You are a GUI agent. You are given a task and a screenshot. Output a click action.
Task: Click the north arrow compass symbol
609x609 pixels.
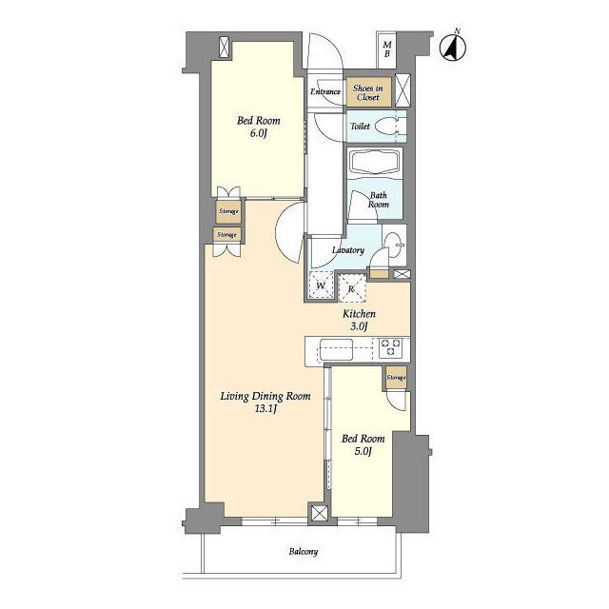click(x=453, y=47)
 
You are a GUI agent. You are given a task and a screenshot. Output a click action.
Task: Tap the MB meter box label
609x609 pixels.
click(x=387, y=49)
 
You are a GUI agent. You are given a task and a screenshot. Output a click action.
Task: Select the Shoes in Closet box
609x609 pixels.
click(x=368, y=92)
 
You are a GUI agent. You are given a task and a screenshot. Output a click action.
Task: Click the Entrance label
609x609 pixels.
click(x=325, y=91)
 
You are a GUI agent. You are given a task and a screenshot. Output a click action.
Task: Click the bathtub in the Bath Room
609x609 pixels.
click(x=375, y=163)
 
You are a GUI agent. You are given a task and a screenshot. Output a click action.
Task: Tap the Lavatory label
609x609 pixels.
click(x=348, y=250)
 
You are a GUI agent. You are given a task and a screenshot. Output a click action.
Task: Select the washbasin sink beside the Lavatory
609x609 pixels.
click(x=394, y=246)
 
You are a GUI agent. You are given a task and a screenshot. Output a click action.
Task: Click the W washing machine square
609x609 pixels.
click(x=321, y=285)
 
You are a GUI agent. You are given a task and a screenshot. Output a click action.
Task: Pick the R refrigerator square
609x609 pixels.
click(x=352, y=288)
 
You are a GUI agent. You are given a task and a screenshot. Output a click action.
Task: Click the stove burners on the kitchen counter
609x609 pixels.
click(x=390, y=347)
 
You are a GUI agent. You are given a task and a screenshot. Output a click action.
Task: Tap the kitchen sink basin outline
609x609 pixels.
click(x=336, y=349)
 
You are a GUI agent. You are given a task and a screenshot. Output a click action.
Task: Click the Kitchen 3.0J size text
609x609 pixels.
click(x=359, y=326)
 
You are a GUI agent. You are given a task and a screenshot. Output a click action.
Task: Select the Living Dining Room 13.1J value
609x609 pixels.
click(x=266, y=409)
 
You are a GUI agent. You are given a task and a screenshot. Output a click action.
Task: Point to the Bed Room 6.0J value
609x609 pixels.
click(x=259, y=133)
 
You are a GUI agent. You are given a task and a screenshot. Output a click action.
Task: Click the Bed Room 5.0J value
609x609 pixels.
click(x=363, y=451)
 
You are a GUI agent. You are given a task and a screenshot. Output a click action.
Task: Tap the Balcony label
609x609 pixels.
click(x=304, y=552)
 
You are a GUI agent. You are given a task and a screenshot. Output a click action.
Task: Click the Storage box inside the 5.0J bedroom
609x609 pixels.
click(x=396, y=378)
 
